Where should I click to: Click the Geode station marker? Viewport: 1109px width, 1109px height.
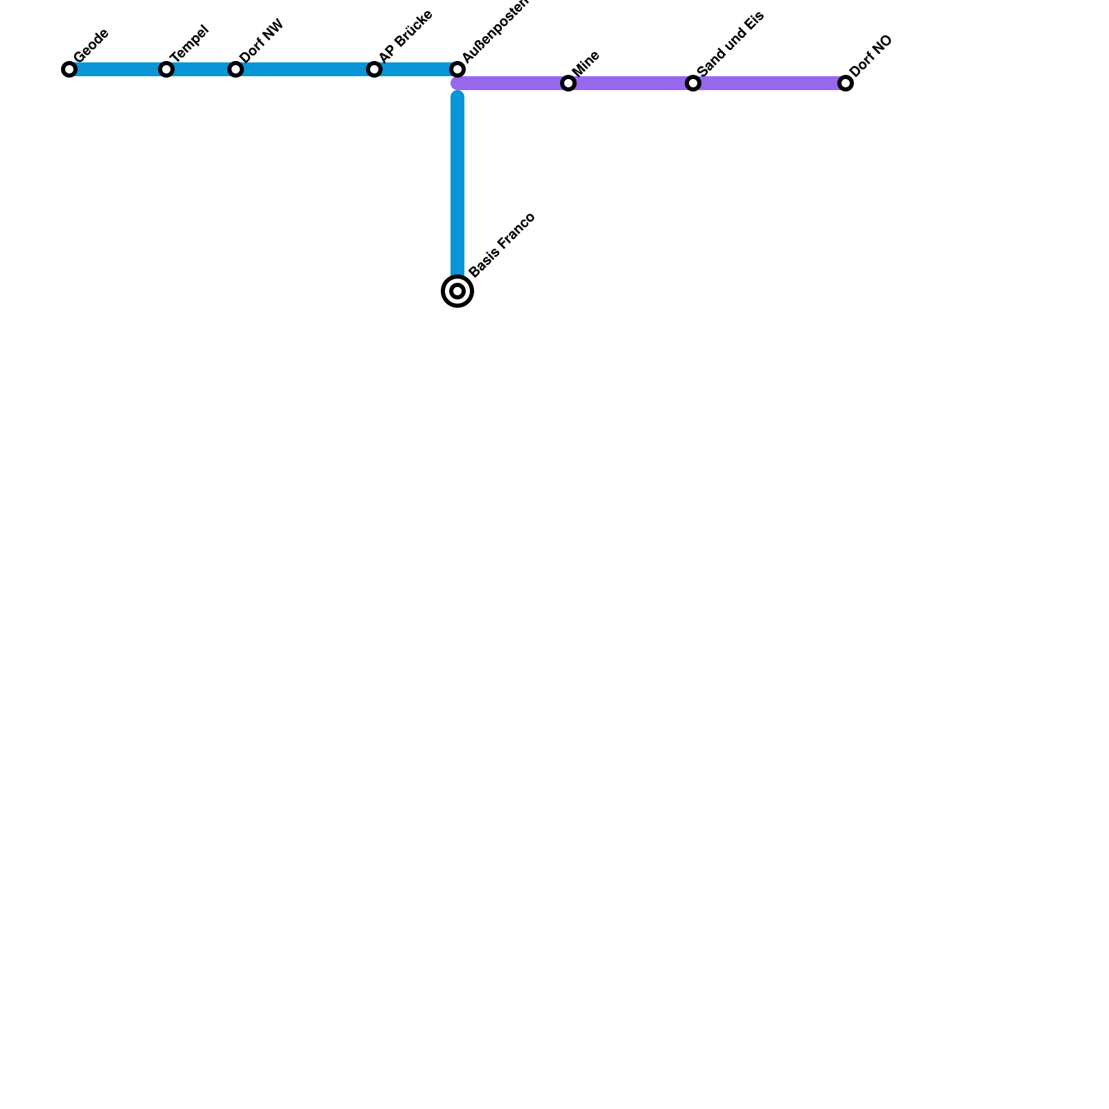(69, 69)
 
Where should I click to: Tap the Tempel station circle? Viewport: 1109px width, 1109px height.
(166, 69)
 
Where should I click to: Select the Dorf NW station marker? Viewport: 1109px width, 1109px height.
(236, 69)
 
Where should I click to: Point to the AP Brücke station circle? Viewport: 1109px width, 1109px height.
(374, 69)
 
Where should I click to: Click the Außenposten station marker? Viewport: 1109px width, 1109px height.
(457, 69)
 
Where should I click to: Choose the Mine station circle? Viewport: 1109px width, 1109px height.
(568, 83)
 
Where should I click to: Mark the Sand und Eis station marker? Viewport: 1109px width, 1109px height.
(693, 83)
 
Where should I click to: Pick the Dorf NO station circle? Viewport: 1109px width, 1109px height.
(846, 83)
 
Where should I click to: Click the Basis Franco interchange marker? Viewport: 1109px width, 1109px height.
(457, 291)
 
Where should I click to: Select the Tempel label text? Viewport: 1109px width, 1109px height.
(189, 43)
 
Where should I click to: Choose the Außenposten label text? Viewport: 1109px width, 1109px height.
(495, 30)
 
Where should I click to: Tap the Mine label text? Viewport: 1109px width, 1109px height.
(586, 63)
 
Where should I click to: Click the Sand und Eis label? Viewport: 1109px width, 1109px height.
(731, 44)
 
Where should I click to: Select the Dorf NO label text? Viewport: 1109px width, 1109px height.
(871, 56)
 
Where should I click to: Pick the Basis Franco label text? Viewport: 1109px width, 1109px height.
(502, 245)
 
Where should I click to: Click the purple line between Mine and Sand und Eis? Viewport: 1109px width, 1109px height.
(631, 83)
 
